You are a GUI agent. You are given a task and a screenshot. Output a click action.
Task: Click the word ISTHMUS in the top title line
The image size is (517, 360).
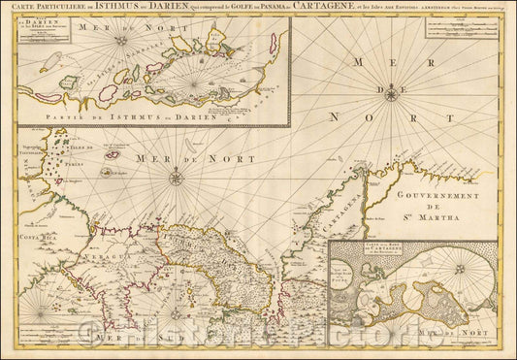pyautogui.click(x=108, y=9)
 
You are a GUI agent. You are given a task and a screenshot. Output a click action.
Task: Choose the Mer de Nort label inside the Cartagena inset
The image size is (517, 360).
pyautogui.click(x=450, y=334)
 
